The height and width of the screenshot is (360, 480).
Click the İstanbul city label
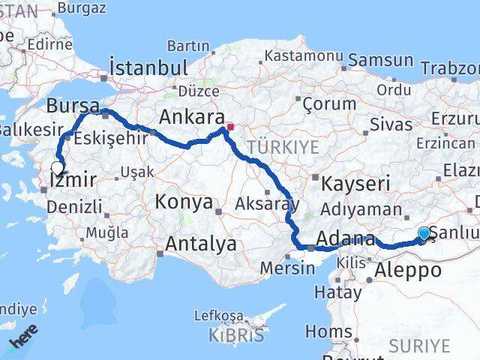(148, 67)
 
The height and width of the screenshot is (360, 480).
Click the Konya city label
(183, 202)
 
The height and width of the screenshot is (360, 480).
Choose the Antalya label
(200, 244)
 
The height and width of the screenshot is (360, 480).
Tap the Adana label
(346, 239)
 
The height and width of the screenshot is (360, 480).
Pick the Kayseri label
(356, 183)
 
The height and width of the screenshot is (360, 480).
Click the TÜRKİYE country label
(283, 147)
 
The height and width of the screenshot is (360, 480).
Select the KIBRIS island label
(237, 334)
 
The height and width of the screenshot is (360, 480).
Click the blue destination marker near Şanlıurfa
(424, 235)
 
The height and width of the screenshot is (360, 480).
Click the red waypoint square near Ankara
(230, 127)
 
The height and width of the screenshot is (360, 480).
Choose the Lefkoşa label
(218, 316)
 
